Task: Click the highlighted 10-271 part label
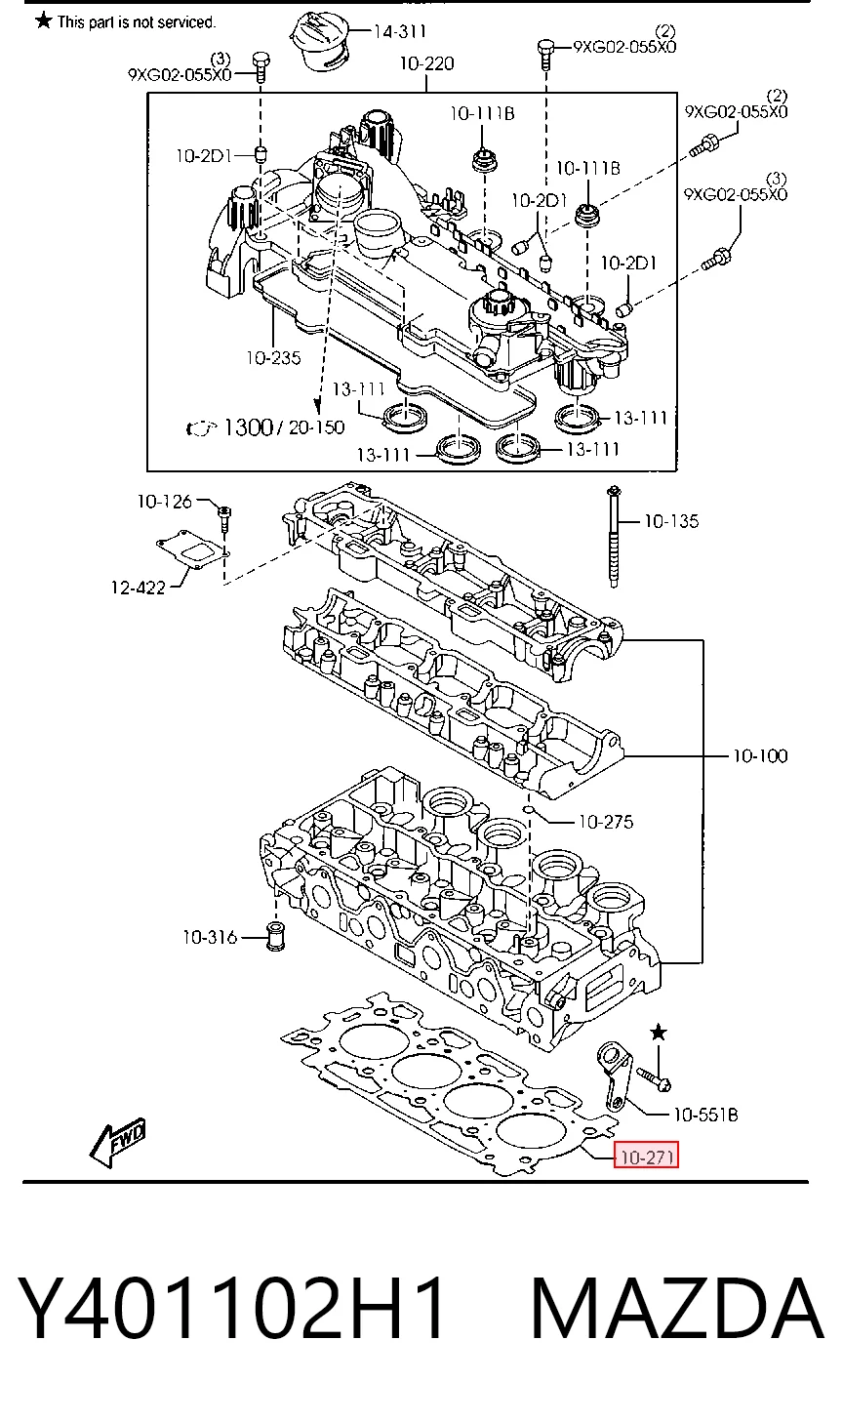[x=646, y=1157]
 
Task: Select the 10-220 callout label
[x=426, y=63]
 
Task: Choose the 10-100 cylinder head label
[x=760, y=755]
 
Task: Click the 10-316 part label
[x=210, y=937]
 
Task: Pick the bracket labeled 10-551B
[x=614, y=1075]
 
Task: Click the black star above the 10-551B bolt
[x=659, y=1033]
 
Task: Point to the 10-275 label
[x=606, y=822]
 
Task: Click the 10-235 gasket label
[x=273, y=358]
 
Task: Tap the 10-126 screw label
[x=164, y=502]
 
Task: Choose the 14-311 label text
[x=400, y=31]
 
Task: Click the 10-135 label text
[x=671, y=521]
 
